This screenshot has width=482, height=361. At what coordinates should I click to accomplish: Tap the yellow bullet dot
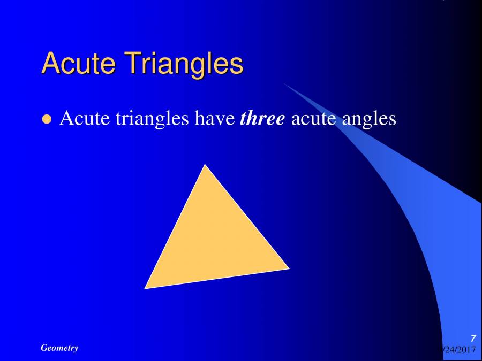pyautogui.click(x=47, y=119)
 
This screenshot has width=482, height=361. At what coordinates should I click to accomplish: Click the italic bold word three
pyautogui.click(x=262, y=118)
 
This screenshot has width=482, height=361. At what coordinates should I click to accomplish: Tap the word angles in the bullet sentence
pyautogui.click(x=369, y=120)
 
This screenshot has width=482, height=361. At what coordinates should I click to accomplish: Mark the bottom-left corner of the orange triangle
pyautogui.click(x=146, y=288)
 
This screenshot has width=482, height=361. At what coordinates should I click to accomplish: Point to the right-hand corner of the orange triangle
pyautogui.click(x=288, y=268)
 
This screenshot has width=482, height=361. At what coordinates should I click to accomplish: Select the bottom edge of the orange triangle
pyautogui.click(x=217, y=278)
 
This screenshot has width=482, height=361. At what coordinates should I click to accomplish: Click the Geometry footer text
pyautogui.click(x=59, y=348)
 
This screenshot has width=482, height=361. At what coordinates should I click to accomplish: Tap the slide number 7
pyautogui.click(x=473, y=338)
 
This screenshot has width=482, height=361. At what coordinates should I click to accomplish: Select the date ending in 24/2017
pyautogui.click(x=458, y=349)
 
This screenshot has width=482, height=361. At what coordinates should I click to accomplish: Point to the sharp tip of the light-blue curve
pyautogui.click(x=284, y=84)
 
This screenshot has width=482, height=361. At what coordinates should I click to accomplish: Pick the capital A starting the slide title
pyautogui.click(x=50, y=64)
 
